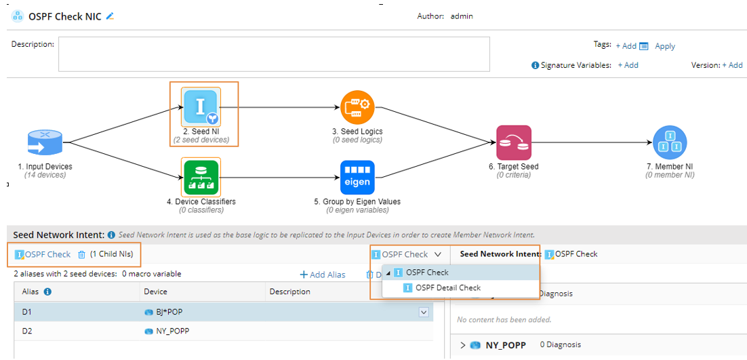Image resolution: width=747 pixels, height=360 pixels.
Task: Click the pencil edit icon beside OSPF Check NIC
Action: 110,16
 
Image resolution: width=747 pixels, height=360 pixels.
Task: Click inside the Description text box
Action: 274,54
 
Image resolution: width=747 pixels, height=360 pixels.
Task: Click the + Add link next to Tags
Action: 626,46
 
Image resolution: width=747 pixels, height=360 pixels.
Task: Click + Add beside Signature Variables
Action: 628,65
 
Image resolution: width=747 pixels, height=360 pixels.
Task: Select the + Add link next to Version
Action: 732,65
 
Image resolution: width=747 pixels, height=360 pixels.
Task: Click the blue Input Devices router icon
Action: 45,142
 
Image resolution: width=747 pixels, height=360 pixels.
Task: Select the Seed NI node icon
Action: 201,106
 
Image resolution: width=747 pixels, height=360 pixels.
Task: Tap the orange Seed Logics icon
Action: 357,107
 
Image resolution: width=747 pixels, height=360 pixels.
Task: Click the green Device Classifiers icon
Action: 201,177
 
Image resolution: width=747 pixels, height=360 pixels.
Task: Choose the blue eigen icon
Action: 357,177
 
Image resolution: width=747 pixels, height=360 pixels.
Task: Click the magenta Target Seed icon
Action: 513,142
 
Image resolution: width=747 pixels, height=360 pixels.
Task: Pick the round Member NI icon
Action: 669,142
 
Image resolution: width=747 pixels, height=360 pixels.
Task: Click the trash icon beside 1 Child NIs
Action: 81,254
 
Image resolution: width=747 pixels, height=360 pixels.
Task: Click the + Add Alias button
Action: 323,275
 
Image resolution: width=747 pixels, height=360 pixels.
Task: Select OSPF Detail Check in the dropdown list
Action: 447,288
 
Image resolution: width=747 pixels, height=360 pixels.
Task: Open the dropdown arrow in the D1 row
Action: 424,312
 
